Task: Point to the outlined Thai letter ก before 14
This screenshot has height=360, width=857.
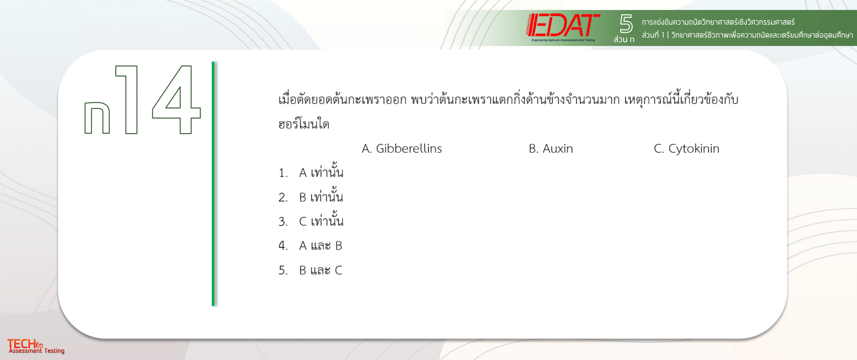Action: [97, 118]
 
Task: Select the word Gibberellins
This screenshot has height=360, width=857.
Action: [409, 148]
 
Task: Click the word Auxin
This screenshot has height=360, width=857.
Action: [558, 148]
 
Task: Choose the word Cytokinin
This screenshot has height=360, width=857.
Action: [694, 149]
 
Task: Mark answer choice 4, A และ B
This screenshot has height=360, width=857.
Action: [310, 246]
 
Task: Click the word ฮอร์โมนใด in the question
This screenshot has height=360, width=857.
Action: [304, 124]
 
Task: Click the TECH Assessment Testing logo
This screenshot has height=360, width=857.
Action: [36, 346]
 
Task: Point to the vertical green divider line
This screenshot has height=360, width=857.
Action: [213, 184]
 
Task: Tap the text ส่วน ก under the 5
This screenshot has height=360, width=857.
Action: [624, 39]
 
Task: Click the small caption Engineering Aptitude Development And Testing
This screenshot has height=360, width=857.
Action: [563, 40]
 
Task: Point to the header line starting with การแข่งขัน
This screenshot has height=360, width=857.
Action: [718, 22]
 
